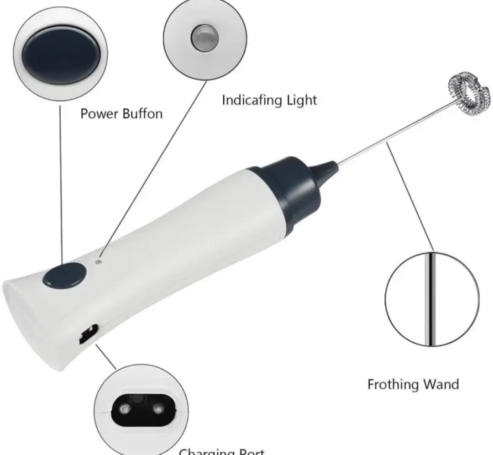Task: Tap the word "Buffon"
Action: (x=142, y=113)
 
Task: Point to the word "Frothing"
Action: (x=394, y=384)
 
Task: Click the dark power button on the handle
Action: (x=65, y=275)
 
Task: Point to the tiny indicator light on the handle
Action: (x=99, y=262)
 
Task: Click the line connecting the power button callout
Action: (x=61, y=183)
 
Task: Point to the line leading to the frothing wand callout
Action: (x=411, y=196)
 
